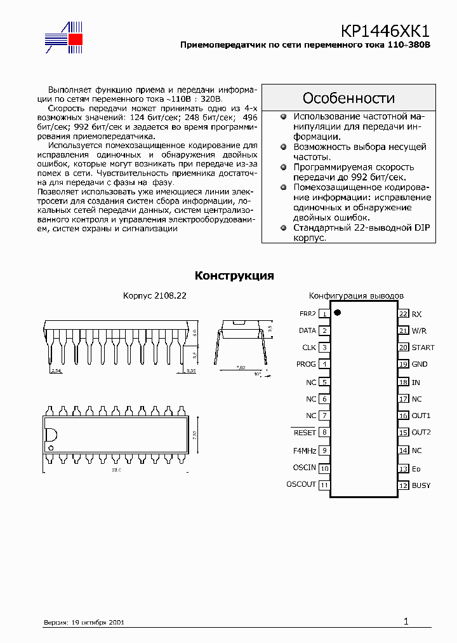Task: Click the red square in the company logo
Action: (x=76, y=39)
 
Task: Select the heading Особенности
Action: (x=348, y=98)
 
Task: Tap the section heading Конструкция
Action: (x=234, y=276)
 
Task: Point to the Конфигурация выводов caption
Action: (x=355, y=296)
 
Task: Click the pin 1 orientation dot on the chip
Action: (x=338, y=312)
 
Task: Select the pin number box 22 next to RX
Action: (x=403, y=314)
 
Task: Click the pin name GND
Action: (x=420, y=365)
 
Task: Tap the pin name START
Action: (x=423, y=348)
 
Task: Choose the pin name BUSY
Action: (x=421, y=485)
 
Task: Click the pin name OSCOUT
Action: (x=301, y=485)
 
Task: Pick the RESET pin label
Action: (x=304, y=433)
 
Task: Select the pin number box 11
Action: (x=324, y=485)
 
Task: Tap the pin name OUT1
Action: (x=421, y=416)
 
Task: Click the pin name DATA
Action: (x=307, y=330)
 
